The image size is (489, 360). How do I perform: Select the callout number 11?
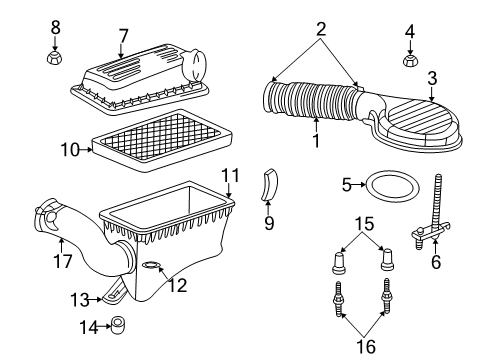(230, 176)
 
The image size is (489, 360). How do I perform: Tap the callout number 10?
(67, 151)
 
